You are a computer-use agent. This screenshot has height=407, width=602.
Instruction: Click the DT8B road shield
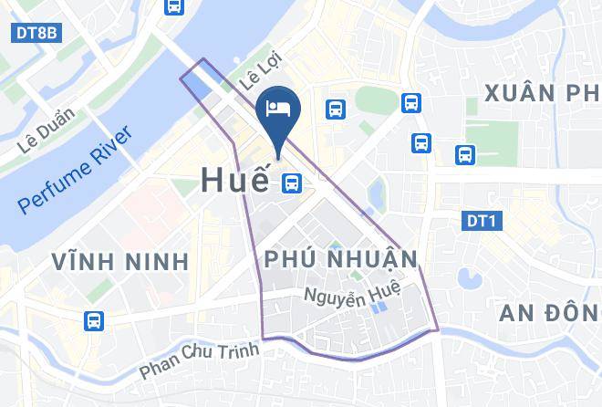click(36, 33)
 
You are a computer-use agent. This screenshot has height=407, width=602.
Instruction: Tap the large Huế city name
click(234, 180)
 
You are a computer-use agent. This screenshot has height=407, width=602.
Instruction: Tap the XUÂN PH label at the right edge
click(543, 93)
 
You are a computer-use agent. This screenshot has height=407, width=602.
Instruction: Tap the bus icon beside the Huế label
click(292, 183)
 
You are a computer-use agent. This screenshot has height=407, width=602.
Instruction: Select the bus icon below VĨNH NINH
click(93, 320)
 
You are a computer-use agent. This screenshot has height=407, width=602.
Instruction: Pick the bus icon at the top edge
click(173, 6)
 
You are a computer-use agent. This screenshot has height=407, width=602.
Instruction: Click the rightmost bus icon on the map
click(465, 155)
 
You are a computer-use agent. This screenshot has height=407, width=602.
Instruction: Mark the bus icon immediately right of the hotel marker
click(336, 110)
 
